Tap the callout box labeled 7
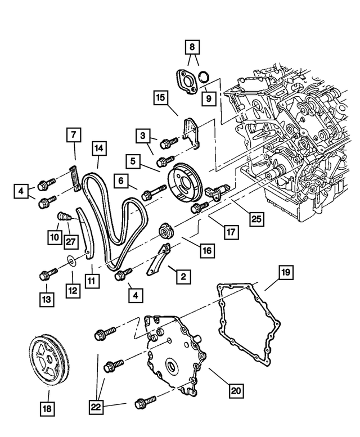point(74,136)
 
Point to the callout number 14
point(99,148)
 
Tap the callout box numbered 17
point(229,231)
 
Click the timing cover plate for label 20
point(172,357)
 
